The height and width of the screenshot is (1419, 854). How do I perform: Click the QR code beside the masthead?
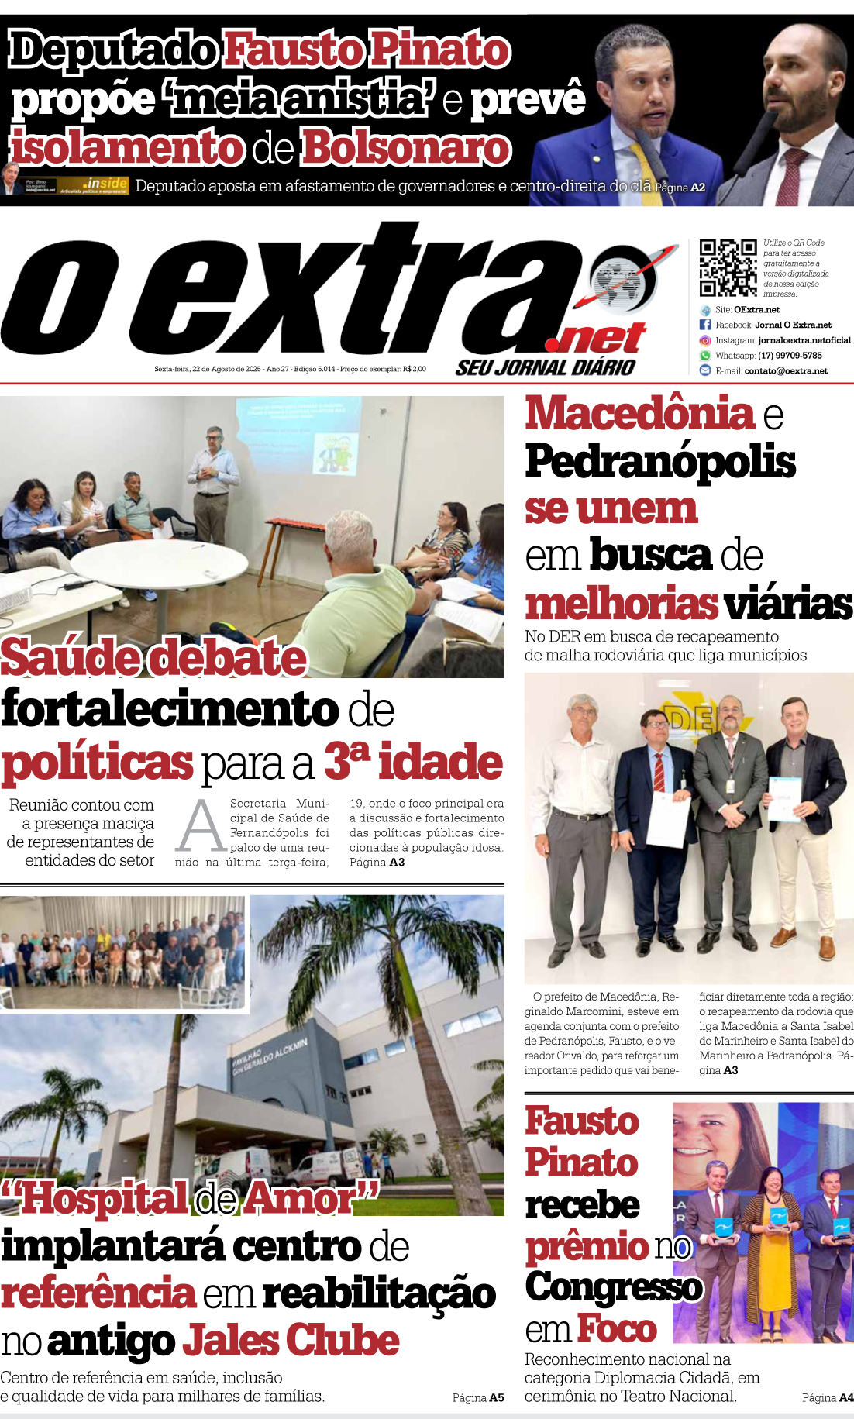pos(728,267)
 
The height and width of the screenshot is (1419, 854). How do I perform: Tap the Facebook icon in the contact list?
pos(705,325)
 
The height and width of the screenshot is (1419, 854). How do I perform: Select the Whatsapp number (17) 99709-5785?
pos(789,356)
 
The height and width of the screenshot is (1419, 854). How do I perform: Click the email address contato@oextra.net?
pos(785,371)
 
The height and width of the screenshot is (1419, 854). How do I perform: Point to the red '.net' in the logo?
pos(595,339)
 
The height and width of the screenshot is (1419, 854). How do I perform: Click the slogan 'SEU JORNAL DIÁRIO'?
pos(545,367)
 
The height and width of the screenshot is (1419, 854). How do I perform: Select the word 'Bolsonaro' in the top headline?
pos(406,148)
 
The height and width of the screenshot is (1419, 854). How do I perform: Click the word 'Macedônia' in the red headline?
pos(639,413)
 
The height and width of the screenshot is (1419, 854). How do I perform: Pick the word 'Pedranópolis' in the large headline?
pos(660,461)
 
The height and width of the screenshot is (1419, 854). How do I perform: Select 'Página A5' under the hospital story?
pos(478,1398)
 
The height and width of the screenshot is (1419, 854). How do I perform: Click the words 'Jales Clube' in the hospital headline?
pos(291,1341)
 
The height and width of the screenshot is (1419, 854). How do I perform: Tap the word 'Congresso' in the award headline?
pos(613,1287)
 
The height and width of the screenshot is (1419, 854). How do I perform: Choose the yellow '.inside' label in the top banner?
pos(106,183)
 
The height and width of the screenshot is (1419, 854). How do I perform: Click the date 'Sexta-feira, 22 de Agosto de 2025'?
pos(208,369)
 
